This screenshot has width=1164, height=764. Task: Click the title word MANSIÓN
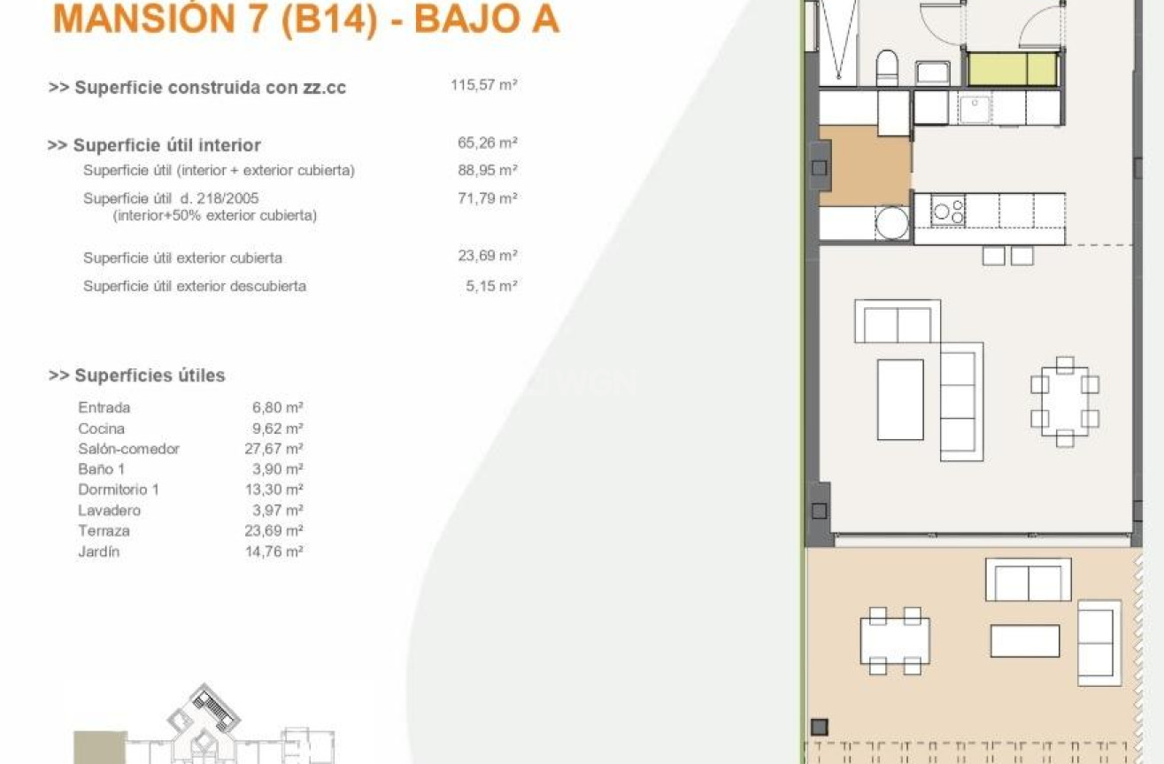click(144, 19)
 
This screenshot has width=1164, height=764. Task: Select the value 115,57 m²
click(484, 85)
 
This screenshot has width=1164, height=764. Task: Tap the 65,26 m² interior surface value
click(488, 143)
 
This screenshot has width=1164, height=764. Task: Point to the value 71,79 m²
click(488, 198)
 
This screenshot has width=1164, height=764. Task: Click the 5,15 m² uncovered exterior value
click(491, 286)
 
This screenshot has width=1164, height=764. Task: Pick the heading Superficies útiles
click(150, 375)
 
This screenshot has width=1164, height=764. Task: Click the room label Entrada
click(104, 407)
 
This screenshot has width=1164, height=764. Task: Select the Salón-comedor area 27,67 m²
click(274, 449)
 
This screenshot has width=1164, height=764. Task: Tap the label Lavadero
click(109, 511)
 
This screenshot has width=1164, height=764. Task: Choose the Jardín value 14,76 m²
click(274, 552)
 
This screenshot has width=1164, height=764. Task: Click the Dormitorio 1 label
click(119, 490)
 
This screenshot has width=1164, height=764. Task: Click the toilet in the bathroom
click(887, 67)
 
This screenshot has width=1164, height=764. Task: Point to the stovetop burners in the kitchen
click(948, 211)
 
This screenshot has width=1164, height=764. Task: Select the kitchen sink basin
click(975, 109)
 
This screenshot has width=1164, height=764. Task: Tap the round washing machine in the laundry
click(891, 223)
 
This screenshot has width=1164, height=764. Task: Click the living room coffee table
click(900, 399)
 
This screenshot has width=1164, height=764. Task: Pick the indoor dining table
click(1065, 401)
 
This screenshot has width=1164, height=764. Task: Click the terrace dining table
click(895, 641)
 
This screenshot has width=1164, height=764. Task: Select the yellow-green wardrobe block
click(1013, 68)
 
